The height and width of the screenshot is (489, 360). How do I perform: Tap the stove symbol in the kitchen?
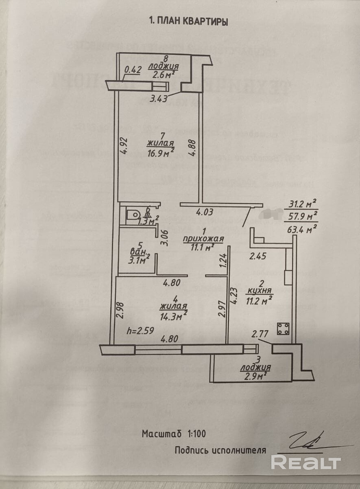pos(283,328)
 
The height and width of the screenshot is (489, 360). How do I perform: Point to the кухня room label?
pos(260,292)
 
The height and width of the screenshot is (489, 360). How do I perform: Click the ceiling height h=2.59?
pos(140,331)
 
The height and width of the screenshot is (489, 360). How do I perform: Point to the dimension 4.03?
pos(204,212)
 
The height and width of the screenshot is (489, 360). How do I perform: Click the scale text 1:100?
pos(197,434)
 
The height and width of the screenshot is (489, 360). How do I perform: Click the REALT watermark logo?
pos(305,463)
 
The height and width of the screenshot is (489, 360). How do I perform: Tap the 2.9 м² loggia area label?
pos(256,376)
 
